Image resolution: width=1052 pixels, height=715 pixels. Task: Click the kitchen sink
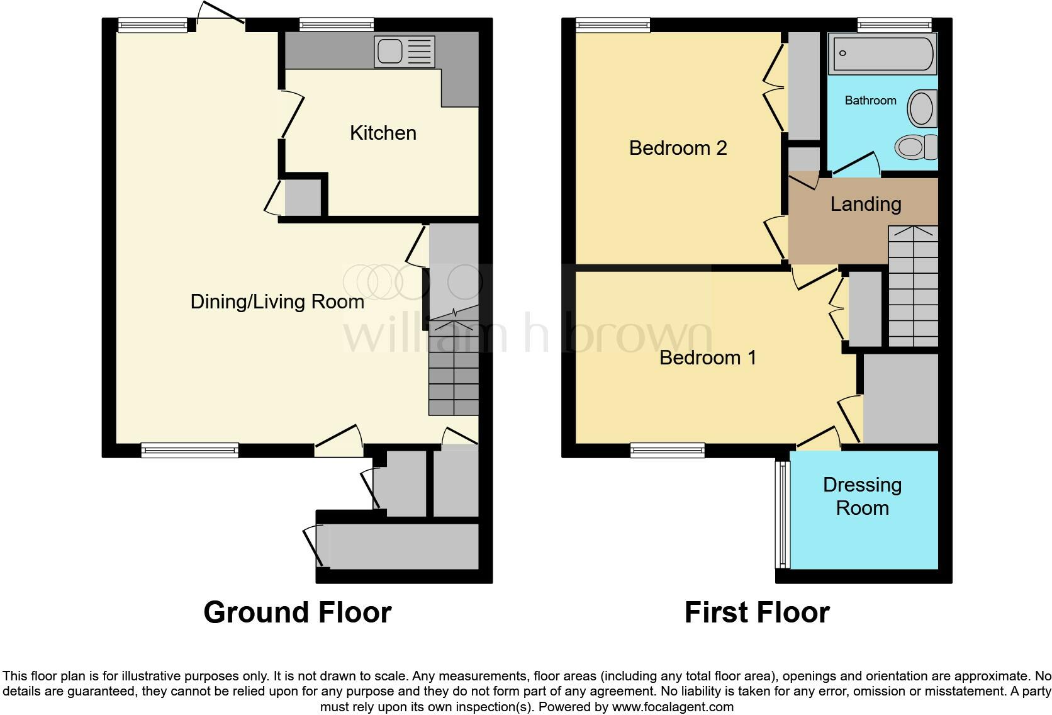404,52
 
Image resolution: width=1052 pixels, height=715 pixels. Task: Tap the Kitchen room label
383,133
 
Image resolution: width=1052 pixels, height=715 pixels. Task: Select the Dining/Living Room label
277,301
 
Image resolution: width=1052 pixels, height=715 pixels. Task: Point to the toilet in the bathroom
915,147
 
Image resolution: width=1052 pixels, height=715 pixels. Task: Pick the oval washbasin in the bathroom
922,108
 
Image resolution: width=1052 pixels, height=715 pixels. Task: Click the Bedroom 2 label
678,148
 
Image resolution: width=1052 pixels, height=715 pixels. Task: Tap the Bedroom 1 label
707,357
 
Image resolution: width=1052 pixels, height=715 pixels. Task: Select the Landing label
866,204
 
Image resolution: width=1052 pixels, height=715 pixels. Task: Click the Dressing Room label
862,496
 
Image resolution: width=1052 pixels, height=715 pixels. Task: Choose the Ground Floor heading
297,612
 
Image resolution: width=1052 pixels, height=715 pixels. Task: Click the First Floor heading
757,612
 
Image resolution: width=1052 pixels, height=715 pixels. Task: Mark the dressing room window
781,513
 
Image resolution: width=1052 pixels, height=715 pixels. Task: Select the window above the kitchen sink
336,25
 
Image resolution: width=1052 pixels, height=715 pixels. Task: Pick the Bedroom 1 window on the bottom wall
667,449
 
